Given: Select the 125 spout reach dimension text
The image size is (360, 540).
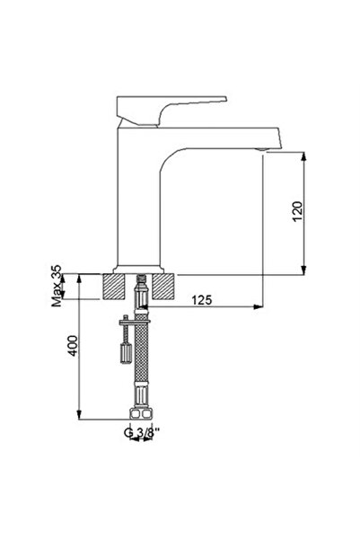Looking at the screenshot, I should click(x=201, y=299).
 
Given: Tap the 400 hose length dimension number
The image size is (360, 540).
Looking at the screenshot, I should click(x=73, y=346).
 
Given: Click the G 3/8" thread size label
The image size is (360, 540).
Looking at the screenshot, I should click(x=138, y=433).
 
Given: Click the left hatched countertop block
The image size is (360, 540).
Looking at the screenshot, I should click(x=115, y=287).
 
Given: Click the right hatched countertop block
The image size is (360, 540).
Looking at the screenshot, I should click(x=162, y=287).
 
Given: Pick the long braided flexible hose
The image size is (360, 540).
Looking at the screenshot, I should click(x=141, y=368).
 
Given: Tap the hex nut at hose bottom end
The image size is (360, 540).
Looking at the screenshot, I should click(x=140, y=415).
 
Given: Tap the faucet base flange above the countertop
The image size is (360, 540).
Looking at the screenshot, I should click(x=138, y=269).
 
